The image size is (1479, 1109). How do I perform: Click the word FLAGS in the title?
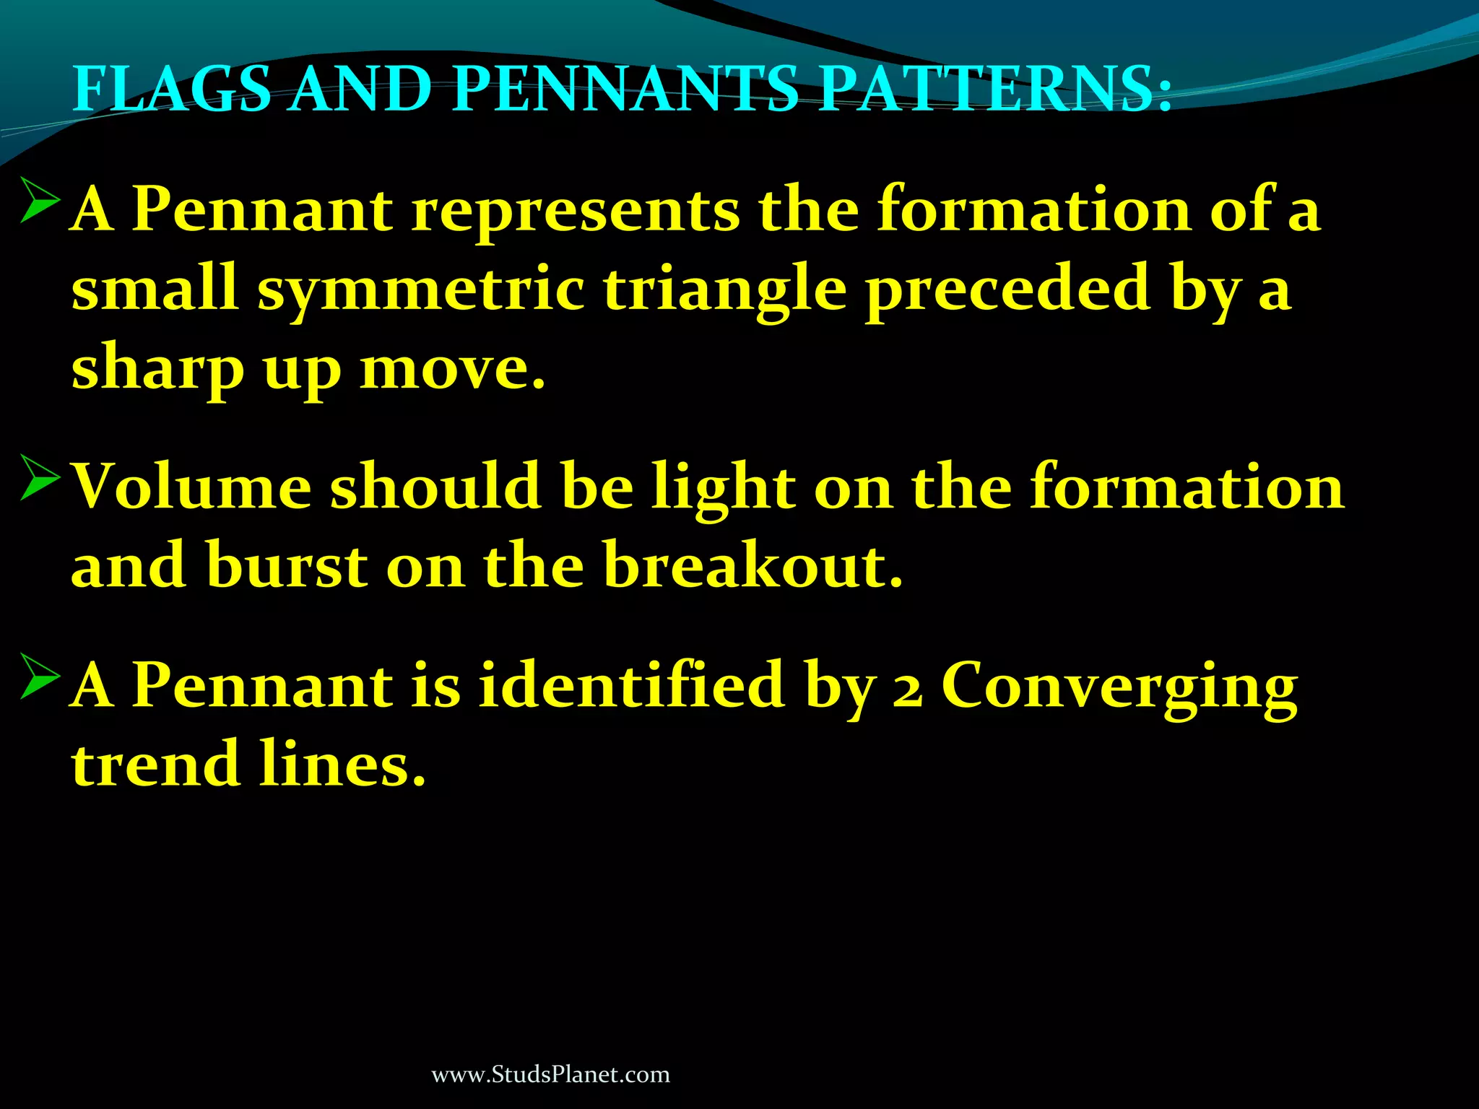pos(172,89)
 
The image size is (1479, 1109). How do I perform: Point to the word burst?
pos(287,567)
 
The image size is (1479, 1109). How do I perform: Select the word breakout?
pos(753,565)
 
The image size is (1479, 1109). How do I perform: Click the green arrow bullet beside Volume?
pos(40,477)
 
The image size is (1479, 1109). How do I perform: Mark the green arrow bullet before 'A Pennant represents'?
pos(40,201)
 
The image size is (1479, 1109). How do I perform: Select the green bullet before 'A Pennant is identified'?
pos(40,677)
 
